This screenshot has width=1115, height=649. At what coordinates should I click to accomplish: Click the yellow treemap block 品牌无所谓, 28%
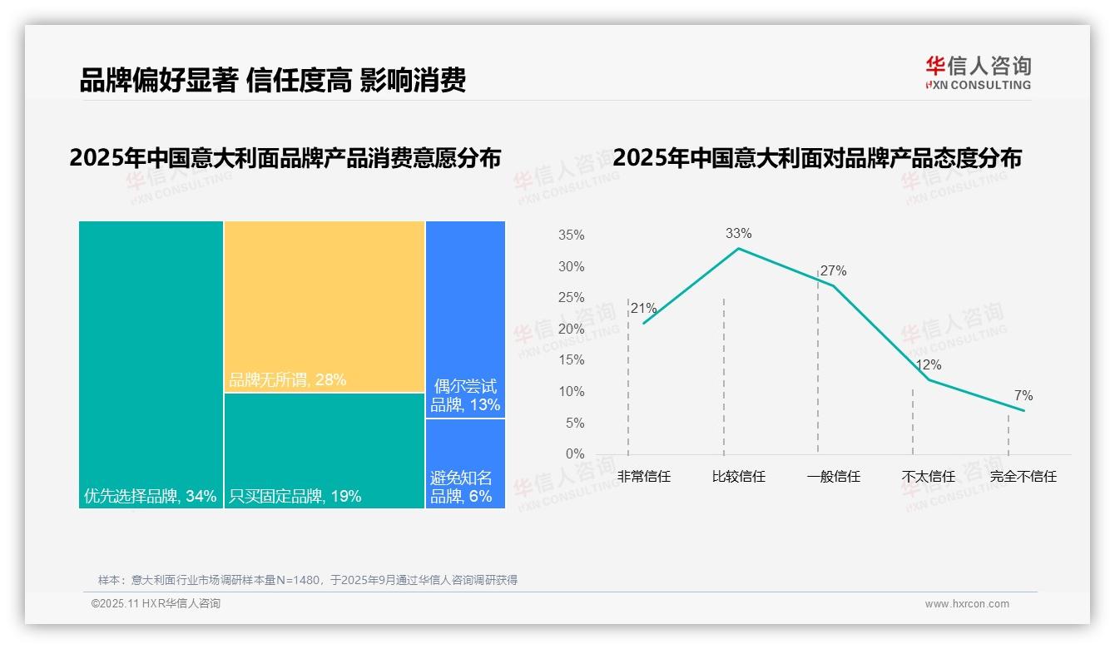[x=325, y=305]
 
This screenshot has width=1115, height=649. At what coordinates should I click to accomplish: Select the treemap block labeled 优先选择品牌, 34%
[x=151, y=364]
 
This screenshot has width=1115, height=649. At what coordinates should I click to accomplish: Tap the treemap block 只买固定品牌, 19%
[x=325, y=449]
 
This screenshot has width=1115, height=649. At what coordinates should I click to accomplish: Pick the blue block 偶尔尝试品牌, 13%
[x=465, y=319]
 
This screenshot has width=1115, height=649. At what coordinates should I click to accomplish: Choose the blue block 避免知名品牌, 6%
[x=465, y=463]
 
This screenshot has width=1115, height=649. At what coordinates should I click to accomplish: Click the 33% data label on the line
[x=738, y=234]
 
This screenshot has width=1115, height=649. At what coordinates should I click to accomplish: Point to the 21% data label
[x=643, y=309]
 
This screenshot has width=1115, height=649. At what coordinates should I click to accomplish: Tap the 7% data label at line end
[x=1023, y=395]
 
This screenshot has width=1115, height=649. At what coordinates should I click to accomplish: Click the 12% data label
[x=928, y=364]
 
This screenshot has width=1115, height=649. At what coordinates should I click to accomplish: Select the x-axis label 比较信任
[x=738, y=477]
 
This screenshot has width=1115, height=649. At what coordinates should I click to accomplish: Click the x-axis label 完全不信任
[x=1023, y=477]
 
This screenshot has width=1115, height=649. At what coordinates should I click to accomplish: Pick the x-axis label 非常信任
[x=643, y=477]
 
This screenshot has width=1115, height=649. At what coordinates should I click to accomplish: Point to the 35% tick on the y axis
[x=571, y=235]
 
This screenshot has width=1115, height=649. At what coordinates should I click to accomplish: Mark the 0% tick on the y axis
[x=574, y=454]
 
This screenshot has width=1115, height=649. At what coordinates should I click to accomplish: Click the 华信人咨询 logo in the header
[x=978, y=72]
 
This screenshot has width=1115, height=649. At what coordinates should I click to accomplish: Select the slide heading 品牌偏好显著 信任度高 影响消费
[x=272, y=80]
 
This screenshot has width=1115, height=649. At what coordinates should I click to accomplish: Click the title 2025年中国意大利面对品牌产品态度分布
[x=816, y=158]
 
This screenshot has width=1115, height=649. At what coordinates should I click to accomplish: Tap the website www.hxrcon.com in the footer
[x=967, y=604]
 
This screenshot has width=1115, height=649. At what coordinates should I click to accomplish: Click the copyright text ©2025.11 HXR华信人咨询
[x=156, y=604]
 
